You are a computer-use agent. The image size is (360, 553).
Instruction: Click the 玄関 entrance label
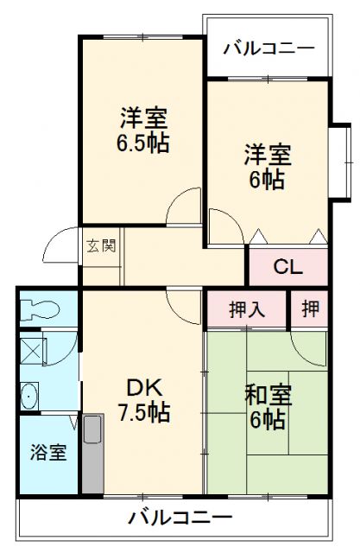pyautogui.click(x=102, y=245)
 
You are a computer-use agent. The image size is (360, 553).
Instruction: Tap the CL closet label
pyautogui.click(x=288, y=267)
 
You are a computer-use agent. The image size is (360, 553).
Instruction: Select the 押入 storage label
pyautogui.click(x=247, y=310)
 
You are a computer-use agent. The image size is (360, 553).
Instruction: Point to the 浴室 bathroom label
pyautogui.click(x=48, y=452)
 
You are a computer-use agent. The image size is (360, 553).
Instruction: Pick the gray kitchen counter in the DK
pyautogui.click(x=93, y=454)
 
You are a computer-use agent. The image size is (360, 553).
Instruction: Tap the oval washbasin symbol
pyautogui.click(x=28, y=396)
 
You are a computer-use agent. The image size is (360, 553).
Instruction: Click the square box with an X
pyautogui.click(x=33, y=351)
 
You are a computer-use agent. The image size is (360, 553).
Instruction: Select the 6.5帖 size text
pyautogui.click(x=142, y=143)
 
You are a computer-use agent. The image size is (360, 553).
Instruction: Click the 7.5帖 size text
pyautogui.click(x=144, y=412)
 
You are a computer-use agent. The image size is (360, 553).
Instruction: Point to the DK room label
pyautogui.click(x=144, y=388)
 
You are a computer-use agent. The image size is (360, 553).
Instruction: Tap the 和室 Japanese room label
pyautogui.click(x=268, y=396)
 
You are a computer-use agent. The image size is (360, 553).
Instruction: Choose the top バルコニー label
pyautogui.click(x=268, y=48)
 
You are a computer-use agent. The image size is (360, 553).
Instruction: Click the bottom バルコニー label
pyautogui.click(x=180, y=518)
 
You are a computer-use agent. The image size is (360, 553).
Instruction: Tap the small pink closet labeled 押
pyautogui.click(x=310, y=309)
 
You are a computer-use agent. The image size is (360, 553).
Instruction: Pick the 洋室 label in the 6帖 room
pyautogui.click(x=268, y=155)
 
